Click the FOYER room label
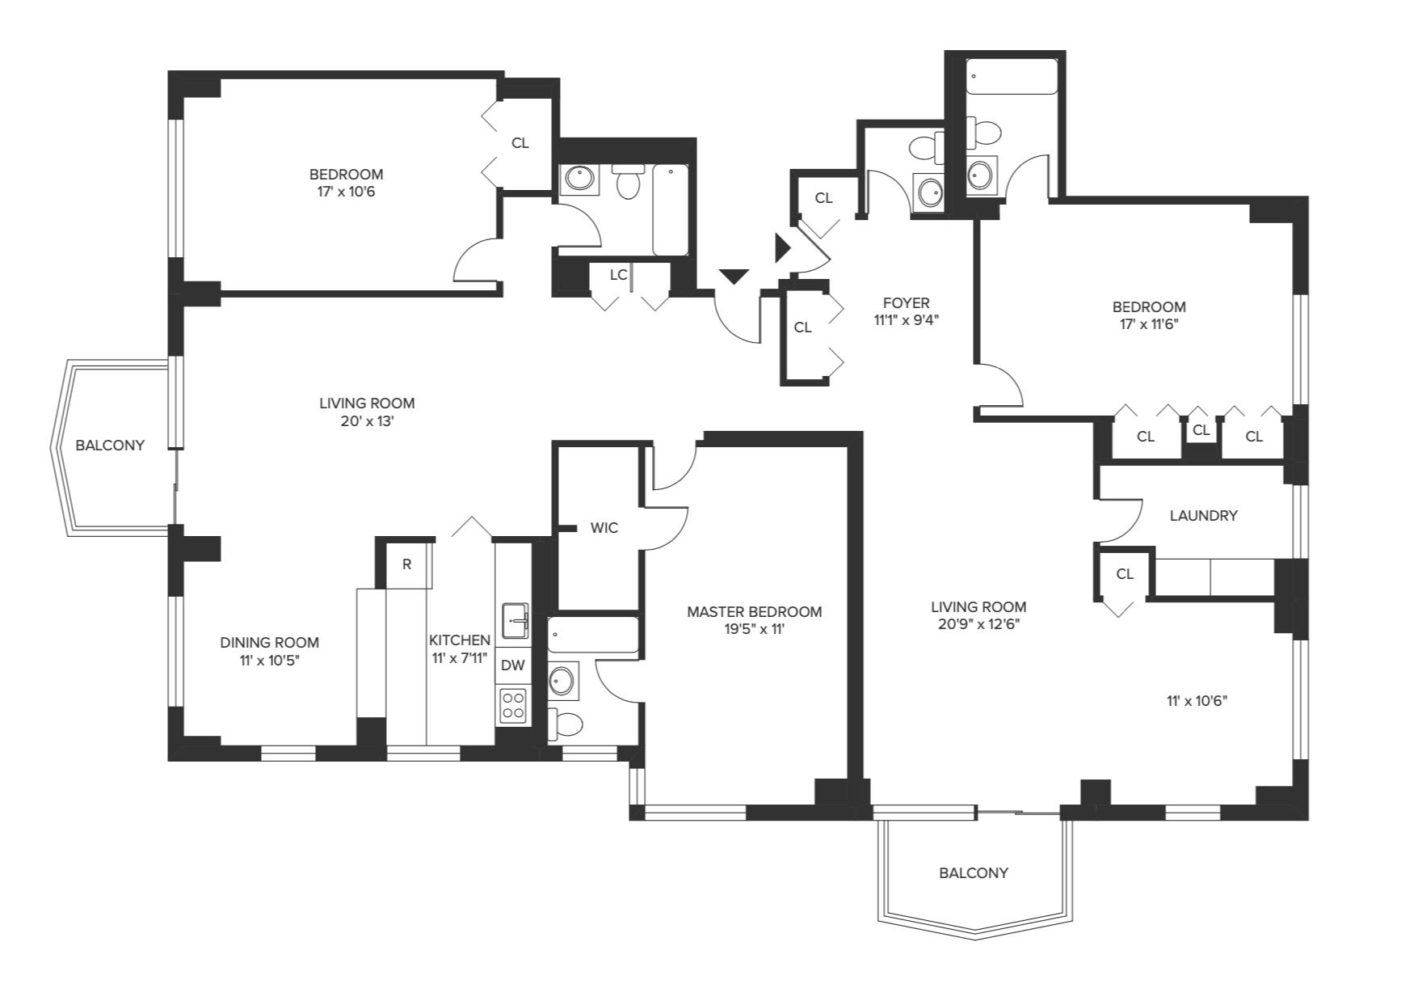[x=907, y=302]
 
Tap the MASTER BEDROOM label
[x=755, y=612]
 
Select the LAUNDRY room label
[x=1204, y=515]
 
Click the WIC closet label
[x=604, y=528]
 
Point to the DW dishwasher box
[x=513, y=665]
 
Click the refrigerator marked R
[x=406, y=564]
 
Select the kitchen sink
[x=515, y=620]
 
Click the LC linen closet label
[x=618, y=275]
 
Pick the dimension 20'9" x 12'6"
[x=978, y=624]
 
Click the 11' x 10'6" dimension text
[x=1197, y=701]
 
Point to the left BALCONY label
[x=110, y=446]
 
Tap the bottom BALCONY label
[x=974, y=873]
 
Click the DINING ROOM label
[x=270, y=643]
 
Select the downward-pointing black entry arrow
[x=734, y=277]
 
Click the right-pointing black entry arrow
[x=782, y=247]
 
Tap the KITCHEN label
[x=460, y=640]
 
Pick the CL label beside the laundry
[x=1125, y=574]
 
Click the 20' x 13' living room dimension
[x=367, y=421]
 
